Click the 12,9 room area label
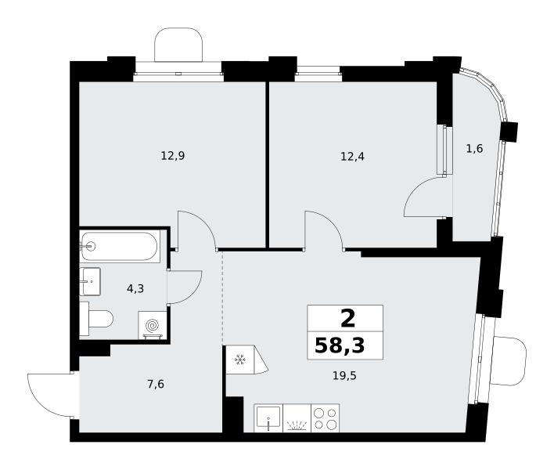[173, 156]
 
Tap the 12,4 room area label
[352, 156]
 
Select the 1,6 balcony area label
[474, 149]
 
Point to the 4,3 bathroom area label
[135, 289]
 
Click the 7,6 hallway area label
[156, 384]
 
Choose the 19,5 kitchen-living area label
[344, 375]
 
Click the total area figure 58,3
[340, 345]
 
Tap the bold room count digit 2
[347, 318]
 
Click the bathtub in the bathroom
[120, 246]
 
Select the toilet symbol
[96, 319]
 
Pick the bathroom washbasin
[90, 281]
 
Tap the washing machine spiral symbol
[153, 325]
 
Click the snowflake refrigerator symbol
[240, 360]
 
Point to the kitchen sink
[268, 418]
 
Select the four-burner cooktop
[326, 418]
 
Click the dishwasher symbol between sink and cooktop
[297, 418]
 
